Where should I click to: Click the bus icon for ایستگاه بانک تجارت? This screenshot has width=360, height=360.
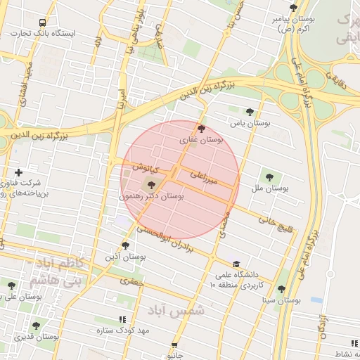43,22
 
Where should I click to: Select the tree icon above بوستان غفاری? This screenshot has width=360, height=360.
202,129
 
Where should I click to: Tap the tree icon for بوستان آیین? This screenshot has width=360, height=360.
125,245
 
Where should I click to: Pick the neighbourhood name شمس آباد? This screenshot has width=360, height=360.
176,309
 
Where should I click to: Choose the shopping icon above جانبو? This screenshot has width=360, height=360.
174,346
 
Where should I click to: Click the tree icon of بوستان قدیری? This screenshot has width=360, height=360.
36,326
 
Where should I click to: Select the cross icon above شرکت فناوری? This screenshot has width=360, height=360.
18,172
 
